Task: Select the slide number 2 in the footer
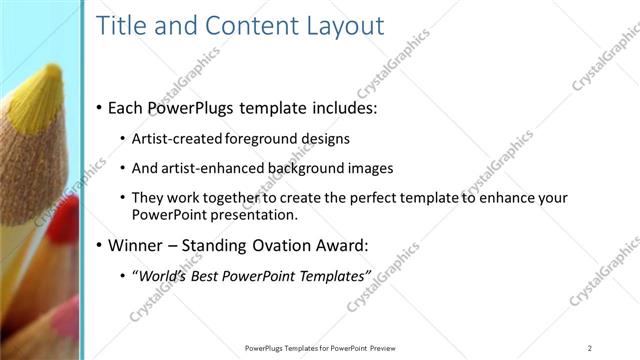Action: [x=590, y=347]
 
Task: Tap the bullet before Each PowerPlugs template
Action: [x=99, y=107]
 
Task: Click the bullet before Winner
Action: [x=99, y=245]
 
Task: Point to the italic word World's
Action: [x=162, y=275]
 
